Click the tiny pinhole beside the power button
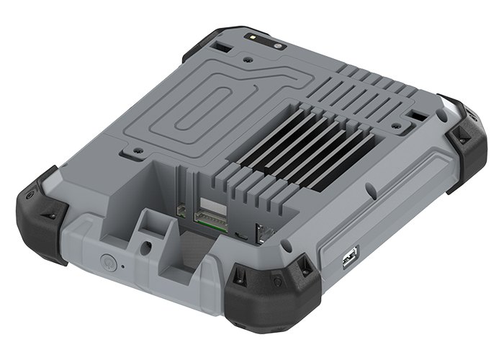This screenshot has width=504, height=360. [122, 266]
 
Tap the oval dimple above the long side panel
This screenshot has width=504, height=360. [370, 192]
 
